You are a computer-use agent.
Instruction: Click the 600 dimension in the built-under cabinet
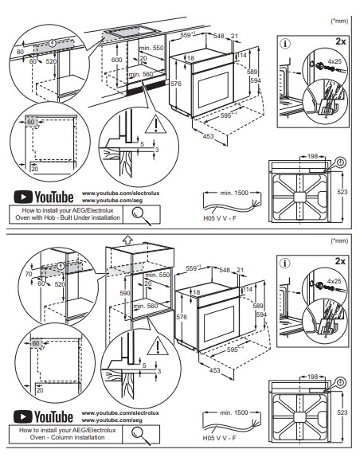(x=115, y=59)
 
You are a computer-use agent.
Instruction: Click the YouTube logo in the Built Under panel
(x=45, y=195)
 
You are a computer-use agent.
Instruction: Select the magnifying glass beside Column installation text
(x=143, y=435)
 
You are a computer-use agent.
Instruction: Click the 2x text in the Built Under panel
(x=339, y=40)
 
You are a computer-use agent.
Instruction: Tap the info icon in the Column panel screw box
(x=284, y=264)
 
